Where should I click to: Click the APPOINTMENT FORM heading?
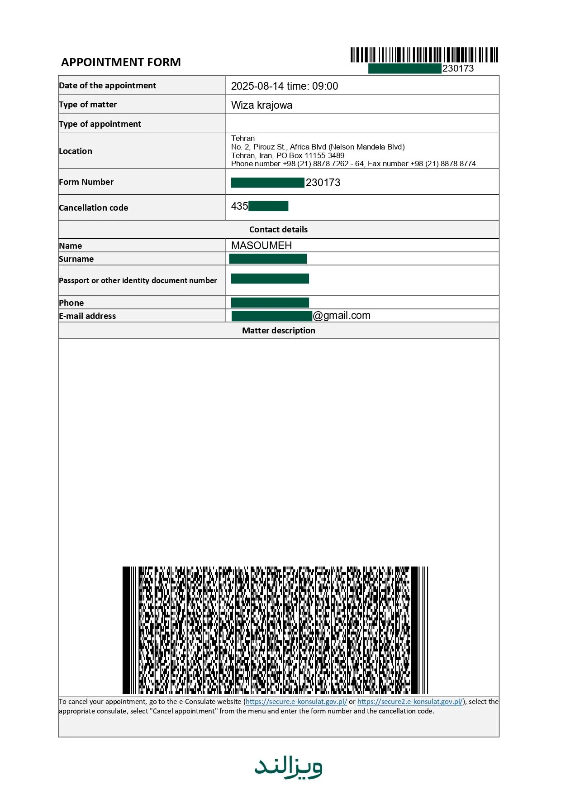121,62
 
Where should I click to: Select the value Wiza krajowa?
261,105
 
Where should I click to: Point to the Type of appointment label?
100,124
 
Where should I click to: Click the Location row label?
76,151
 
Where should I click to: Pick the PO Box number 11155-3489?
324,155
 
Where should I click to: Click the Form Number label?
86,182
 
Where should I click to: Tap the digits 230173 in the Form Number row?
323,183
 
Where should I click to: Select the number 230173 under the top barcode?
458,68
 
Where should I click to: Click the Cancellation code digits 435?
239,206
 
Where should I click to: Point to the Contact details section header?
278,230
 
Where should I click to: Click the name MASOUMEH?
261,246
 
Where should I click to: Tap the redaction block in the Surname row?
268,259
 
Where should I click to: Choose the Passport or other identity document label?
138,280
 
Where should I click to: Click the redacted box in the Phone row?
270,303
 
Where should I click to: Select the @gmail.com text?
342,316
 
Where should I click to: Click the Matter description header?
278,331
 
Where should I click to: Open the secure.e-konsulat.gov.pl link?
296,702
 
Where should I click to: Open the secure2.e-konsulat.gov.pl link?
410,702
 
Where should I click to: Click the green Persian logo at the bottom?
288,767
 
